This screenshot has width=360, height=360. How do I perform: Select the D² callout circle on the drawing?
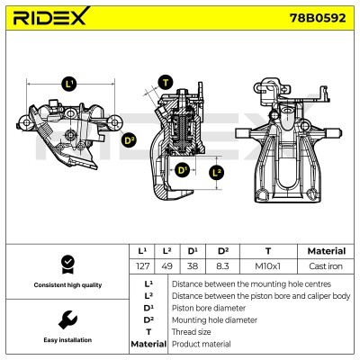point(128,139)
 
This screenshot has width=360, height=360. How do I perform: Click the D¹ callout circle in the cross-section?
point(184,170)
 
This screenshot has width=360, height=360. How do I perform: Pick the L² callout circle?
point(216,171)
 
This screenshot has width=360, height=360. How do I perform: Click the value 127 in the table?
point(141,267)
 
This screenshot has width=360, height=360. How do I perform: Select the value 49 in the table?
point(166,267)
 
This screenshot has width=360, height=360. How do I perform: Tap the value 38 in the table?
point(193,267)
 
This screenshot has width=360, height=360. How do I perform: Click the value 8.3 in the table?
point(222,267)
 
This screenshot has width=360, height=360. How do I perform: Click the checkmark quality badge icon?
point(66,264)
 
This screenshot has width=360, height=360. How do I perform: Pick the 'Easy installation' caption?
point(66,340)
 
